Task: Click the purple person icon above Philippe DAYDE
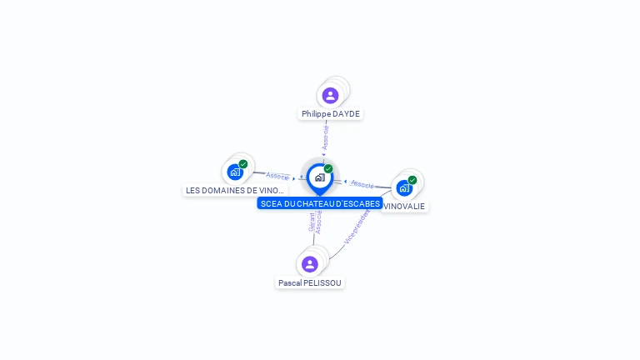(330, 95)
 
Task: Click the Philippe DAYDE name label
(331, 113)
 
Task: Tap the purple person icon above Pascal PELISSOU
(310, 264)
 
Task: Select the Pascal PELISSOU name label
(310, 282)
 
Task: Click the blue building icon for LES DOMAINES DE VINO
(235, 172)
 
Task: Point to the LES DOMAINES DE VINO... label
(235, 190)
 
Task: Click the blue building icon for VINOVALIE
(404, 187)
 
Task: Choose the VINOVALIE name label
(404, 206)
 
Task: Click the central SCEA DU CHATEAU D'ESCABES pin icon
(319, 177)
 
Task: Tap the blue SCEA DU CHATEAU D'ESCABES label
(320, 203)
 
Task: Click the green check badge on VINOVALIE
(412, 180)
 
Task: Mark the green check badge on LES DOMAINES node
(242, 164)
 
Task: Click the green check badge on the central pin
(328, 169)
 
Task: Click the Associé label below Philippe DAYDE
(326, 137)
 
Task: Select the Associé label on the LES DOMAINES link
(277, 176)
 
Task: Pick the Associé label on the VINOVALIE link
(362, 183)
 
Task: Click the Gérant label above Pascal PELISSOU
(312, 222)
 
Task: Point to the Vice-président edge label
(357, 227)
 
